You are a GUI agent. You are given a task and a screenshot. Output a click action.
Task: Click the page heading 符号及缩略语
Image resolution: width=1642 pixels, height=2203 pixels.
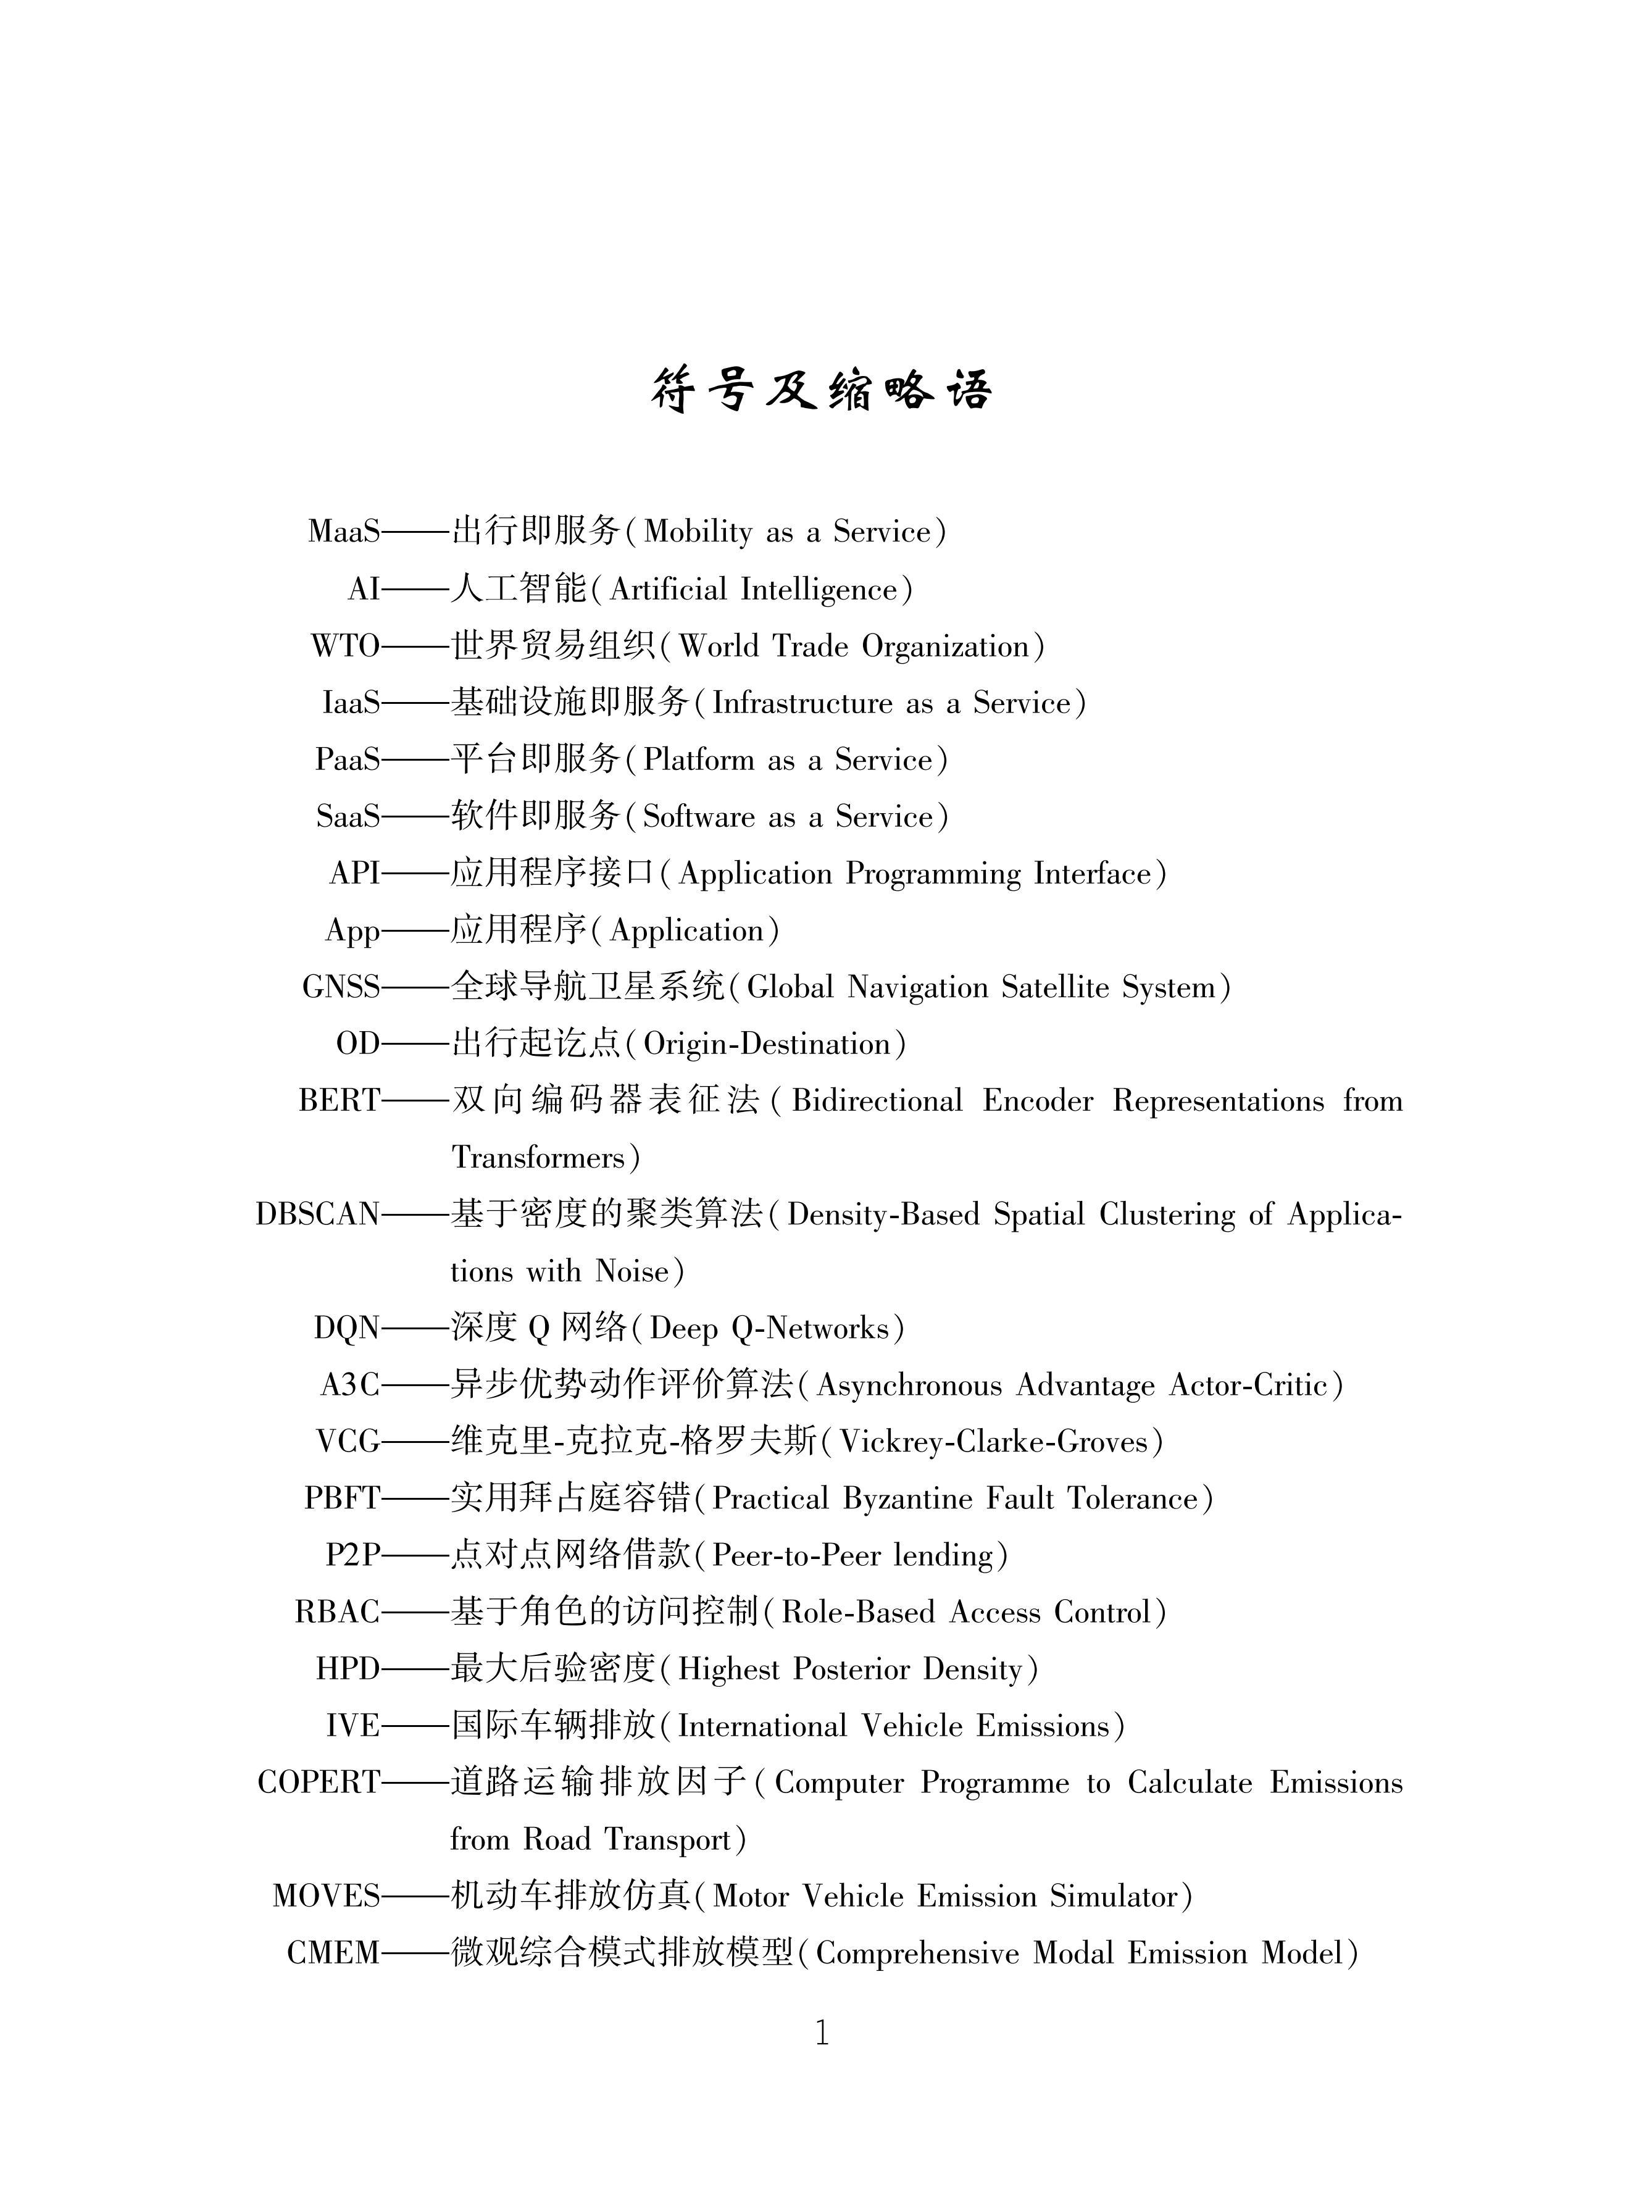pyautogui.click(x=821, y=389)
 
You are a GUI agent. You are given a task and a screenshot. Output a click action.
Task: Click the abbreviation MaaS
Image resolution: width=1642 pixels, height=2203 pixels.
pyautogui.click(x=344, y=532)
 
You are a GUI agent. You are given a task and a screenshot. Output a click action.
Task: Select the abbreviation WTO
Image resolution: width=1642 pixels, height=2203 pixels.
pyautogui.click(x=345, y=646)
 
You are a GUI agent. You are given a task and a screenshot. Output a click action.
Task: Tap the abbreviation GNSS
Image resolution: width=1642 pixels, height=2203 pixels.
pyautogui.click(x=341, y=987)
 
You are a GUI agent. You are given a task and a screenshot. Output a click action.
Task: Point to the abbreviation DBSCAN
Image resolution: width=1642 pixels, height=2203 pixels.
pyautogui.click(x=318, y=1215)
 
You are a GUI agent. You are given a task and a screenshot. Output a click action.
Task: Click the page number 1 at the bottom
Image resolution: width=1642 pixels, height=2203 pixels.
pyautogui.click(x=821, y=2033)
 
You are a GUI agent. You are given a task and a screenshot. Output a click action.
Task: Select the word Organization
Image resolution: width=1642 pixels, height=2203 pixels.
pyautogui.click(x=945, y=646)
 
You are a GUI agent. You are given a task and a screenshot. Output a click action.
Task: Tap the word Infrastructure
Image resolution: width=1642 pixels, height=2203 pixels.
pyautogui.click(x=802, y=703)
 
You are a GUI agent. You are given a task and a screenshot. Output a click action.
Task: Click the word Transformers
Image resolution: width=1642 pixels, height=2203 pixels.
pyautogui.click(x=539, y=1158)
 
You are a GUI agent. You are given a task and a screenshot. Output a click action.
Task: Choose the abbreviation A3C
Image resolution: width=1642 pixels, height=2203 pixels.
pyautogui.click(x=350, y=1386)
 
